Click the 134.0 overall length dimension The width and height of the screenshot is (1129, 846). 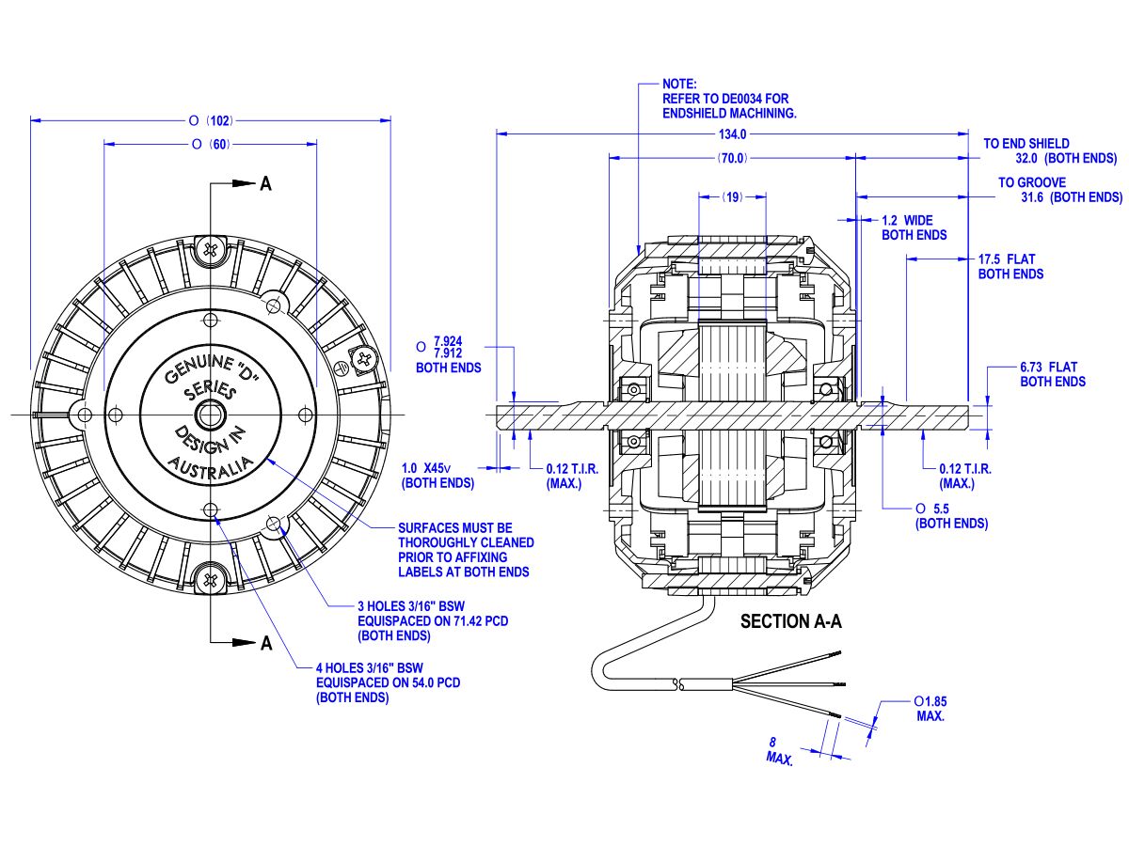(733, 134)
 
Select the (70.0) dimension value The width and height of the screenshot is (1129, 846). (733, 158)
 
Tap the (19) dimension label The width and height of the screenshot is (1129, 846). (733, 197)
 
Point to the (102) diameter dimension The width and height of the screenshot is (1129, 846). (219, 120)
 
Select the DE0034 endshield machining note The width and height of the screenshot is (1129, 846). (729, 99)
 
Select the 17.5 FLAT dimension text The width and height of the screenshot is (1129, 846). (1010, 266)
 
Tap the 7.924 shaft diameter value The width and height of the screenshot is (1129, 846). (448, 340)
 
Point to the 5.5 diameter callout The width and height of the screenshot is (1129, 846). (951, 515)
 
